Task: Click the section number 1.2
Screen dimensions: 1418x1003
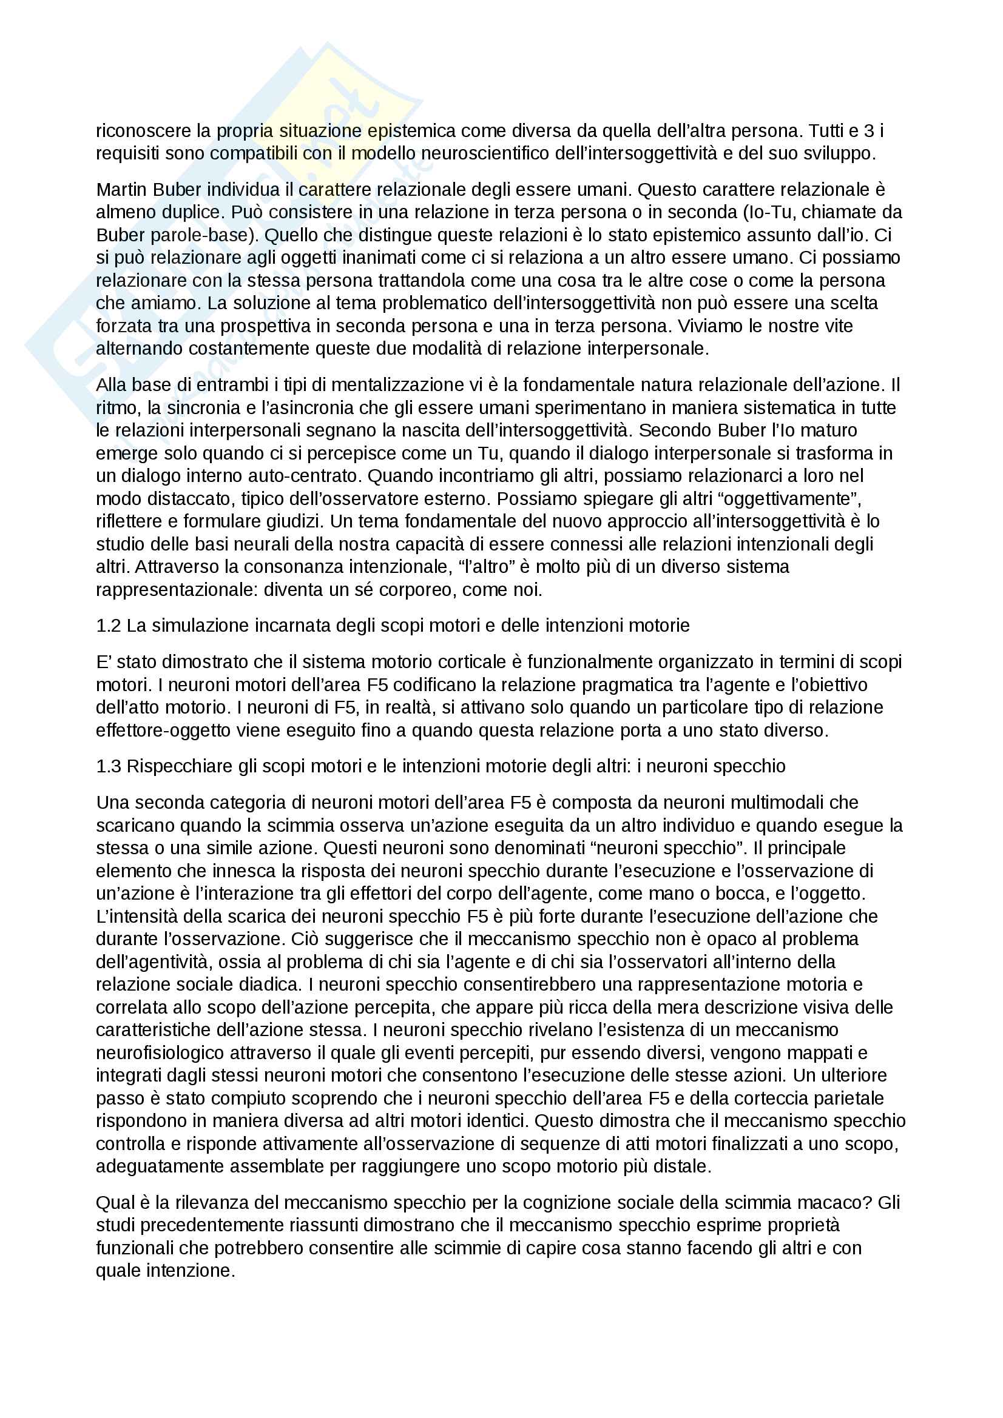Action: [x=109, y=626]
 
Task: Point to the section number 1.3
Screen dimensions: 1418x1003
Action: [x=109, y=766]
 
